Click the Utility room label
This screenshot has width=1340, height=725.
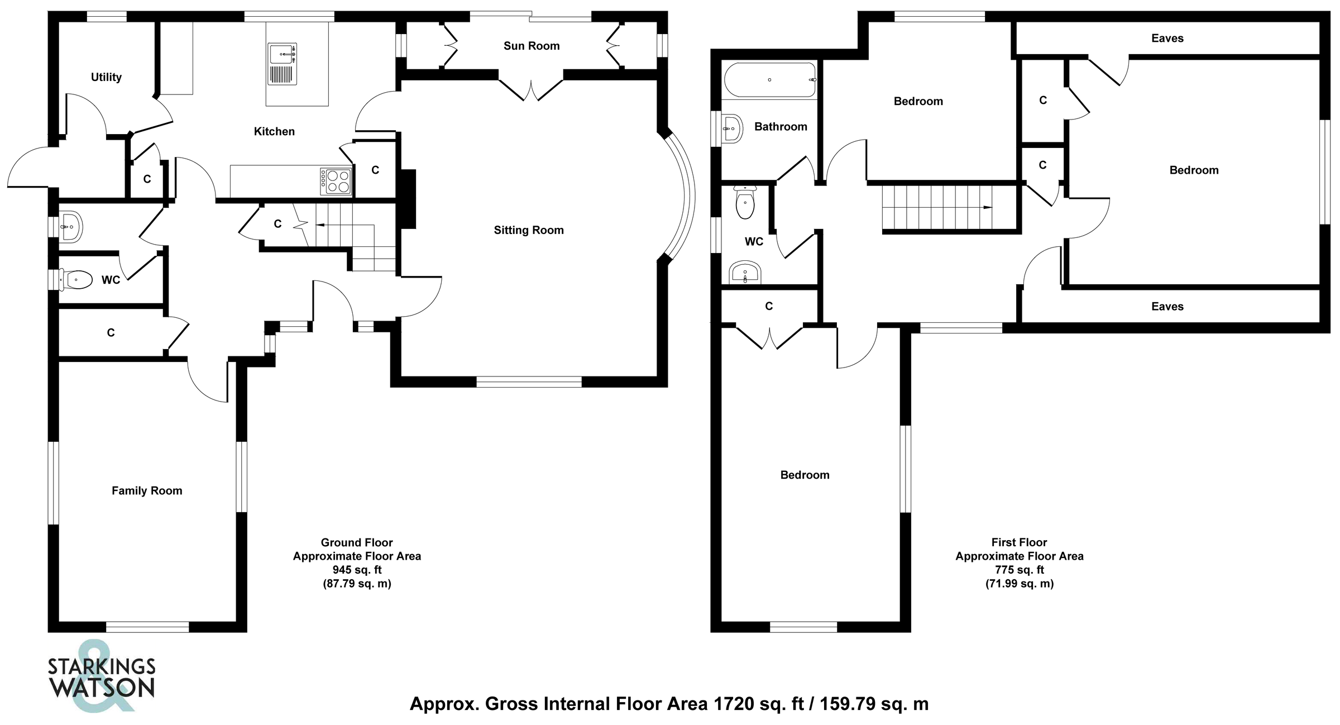[106, 77]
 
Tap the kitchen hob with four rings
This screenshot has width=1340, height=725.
[336, 182]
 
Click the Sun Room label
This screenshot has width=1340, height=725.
[531, 46]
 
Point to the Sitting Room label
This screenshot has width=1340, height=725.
[528, 230]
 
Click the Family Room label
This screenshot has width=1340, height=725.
[147, 490]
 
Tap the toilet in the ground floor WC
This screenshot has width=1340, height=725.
[76, 279]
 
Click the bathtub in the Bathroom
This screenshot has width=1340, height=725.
[769, 80]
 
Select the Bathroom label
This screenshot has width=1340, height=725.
[780, 127]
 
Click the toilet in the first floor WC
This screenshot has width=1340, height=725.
[745, 203]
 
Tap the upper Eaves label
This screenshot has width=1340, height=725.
[1167, 38]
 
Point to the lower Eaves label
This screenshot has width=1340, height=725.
[1167, 306]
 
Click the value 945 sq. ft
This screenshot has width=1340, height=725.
[357, 570]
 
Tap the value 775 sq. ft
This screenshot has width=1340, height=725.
[1019, 570]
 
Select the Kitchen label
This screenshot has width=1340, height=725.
[274, 131]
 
